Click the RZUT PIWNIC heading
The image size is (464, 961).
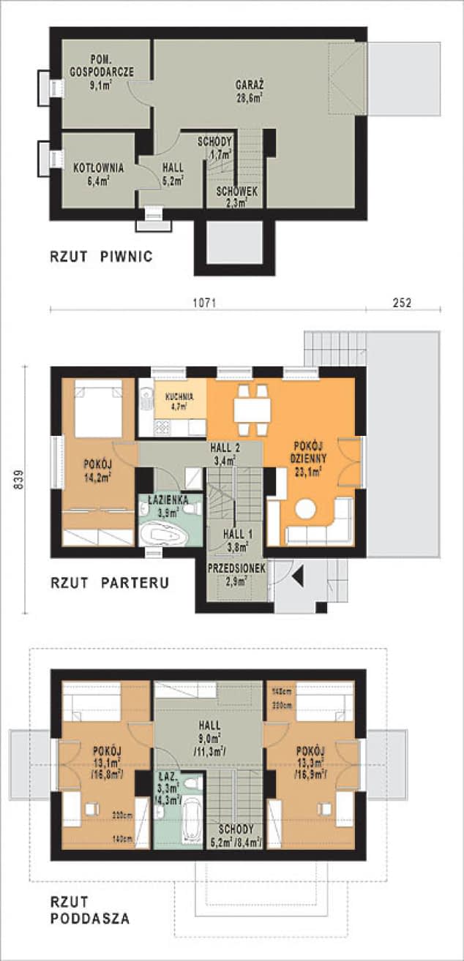pos(101,257)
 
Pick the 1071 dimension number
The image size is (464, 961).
pos(208,301)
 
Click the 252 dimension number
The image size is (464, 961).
pos(402,301)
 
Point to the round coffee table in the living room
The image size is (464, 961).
pos(304,509)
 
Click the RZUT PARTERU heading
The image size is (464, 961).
pos(110,583)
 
